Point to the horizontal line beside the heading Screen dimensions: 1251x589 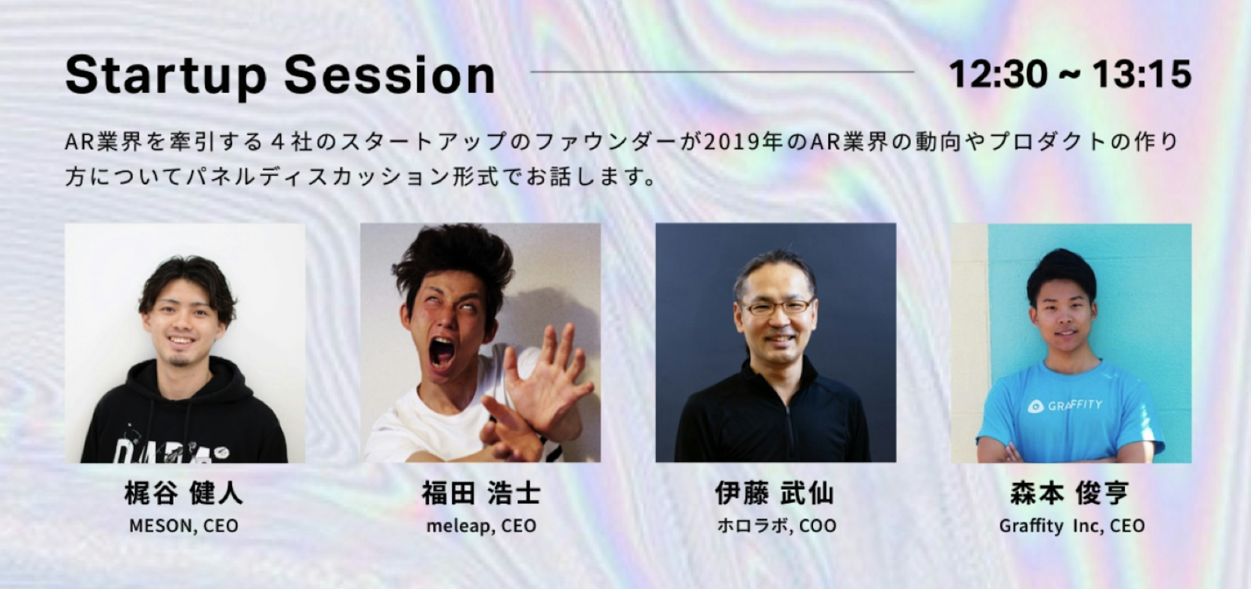click(722, 72)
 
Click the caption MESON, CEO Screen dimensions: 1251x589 click(183, 526)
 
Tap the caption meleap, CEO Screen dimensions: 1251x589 click(481, 526)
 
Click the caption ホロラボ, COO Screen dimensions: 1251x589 click(776, 526)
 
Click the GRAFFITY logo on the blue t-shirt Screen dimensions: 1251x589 click(1065, 405)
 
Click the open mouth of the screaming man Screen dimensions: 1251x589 click(442, 351)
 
